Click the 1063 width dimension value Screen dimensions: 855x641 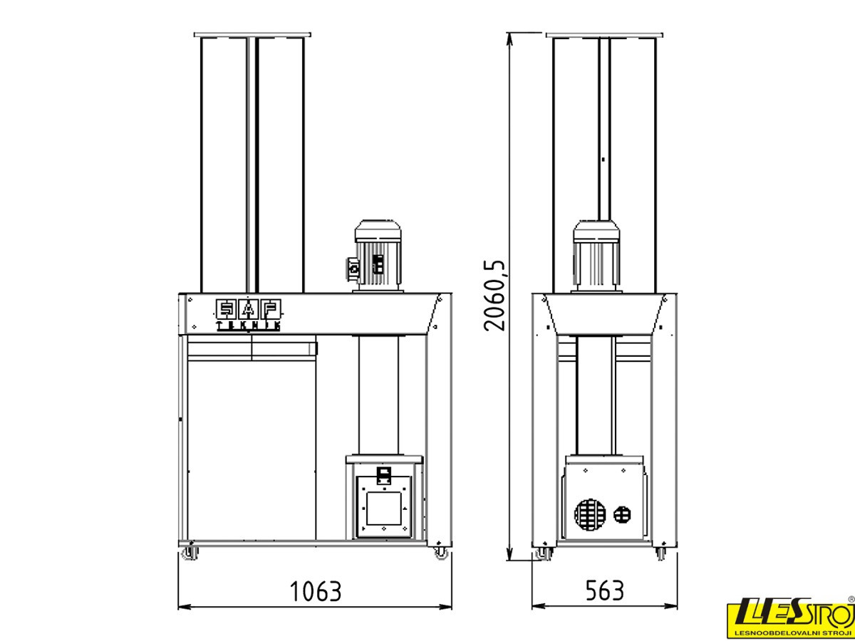coord(316,591)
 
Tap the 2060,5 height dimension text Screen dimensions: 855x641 coord(494,296)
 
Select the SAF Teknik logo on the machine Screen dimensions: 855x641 coord(249,315)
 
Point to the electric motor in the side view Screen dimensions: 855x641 coord(596,256)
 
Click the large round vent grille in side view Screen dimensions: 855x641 coord(590,514)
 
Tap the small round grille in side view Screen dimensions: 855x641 coord(622,514)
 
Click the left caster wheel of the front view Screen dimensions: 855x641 coord(190,553)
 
